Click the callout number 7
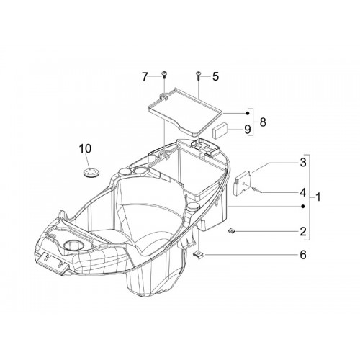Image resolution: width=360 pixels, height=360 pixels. coord(145,77)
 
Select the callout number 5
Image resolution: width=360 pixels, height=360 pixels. coord(215,77)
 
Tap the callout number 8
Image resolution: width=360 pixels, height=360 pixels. coord(263,122)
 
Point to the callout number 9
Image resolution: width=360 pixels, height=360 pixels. coord(248,130)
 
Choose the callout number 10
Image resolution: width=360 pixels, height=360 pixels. coord(85,148)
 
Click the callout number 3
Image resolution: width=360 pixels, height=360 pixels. coord(303,163)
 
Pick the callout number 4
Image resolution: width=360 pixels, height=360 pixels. coord(303,192)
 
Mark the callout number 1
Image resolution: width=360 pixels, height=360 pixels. coord(318,197)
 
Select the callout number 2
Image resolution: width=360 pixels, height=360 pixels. coord(303,232)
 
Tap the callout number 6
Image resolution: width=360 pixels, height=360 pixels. coord(303,255)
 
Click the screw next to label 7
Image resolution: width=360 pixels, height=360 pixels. coord(164,75)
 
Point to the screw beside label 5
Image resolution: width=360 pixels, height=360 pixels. coord(199,75)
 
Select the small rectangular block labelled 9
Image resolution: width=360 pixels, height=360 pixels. coord(220,130)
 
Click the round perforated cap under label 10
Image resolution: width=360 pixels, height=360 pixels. coord(91,173)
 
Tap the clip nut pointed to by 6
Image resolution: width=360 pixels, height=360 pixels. coord(198,254)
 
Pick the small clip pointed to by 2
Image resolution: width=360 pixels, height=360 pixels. coord(231,231)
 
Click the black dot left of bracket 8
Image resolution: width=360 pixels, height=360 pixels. coord(248,113)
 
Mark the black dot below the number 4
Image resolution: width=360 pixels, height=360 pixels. coord(303,206)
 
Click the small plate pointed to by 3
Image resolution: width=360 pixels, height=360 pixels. coord(243,182)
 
